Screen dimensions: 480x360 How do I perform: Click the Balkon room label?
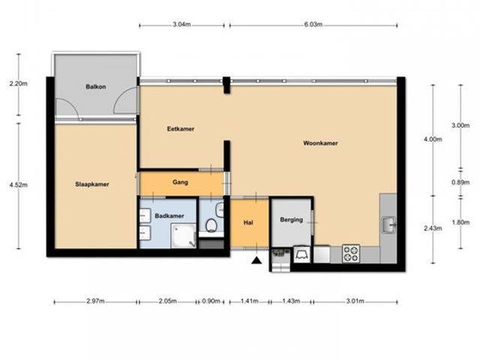[96, 87]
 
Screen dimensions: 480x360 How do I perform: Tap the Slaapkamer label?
[92, 184]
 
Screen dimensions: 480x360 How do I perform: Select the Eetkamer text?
[181, 129]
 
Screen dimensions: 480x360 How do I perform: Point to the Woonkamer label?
[320, 143]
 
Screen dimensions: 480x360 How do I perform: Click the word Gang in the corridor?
[180, 182]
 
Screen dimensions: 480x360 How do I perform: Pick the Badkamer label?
[169, 216]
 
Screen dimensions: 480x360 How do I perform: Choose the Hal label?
[248, 223]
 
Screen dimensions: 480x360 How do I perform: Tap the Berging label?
[292, 220]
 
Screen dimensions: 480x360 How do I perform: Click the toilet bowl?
[211, 226]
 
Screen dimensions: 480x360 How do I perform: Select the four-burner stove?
[351, 253]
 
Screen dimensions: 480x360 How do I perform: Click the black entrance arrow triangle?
[256, 260]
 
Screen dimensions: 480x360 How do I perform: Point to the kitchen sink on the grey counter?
[388, 225]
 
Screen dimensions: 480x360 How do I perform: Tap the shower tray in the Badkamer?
[183, 235]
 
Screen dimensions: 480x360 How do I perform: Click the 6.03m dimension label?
[313, 25]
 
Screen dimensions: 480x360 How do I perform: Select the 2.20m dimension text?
[18, 83]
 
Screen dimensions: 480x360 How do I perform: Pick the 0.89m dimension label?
[460, 182]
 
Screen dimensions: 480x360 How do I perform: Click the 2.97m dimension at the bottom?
[95, 301]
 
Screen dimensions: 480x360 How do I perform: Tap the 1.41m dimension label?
[249, 301]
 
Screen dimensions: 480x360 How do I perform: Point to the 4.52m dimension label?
[18, 185]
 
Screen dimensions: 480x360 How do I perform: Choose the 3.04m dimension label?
[181, 25]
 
